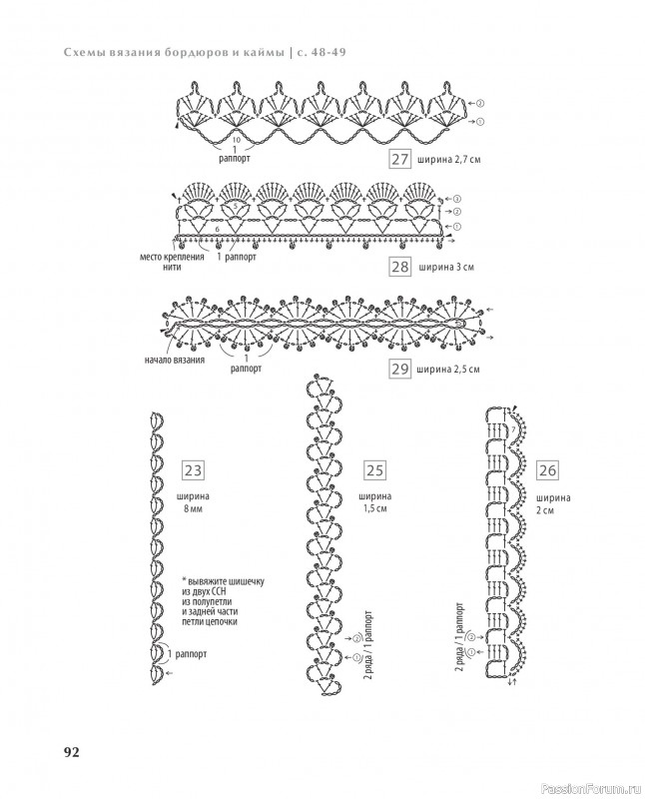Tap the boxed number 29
pyautogui.click(x=399, y=371)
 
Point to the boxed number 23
pyautogui.click(x=193, y=469)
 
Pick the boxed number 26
pyautogui.click(x=548, y=469)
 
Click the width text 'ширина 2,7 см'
pyautogui.click(x=452, y=161)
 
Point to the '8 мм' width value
pyautogui.click(x=193, y=509)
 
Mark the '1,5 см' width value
pyautogui.click(x=375, y=509)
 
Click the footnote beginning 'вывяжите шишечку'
pyautogui.click(x=215, y=602)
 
